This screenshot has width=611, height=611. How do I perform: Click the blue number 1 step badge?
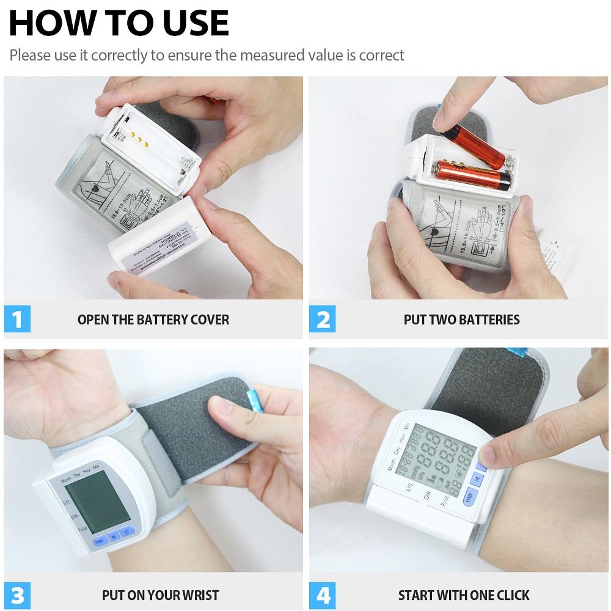[x=17, y=319]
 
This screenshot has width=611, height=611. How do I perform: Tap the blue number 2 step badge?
[x=322, y=319]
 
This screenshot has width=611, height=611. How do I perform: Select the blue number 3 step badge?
[x=17, y=594]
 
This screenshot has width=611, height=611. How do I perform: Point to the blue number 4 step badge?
[x=322, y=594]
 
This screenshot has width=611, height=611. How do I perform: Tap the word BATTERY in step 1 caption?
[x=158, y=320]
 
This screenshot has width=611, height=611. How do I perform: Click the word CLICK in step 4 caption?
[x=511, y=595]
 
